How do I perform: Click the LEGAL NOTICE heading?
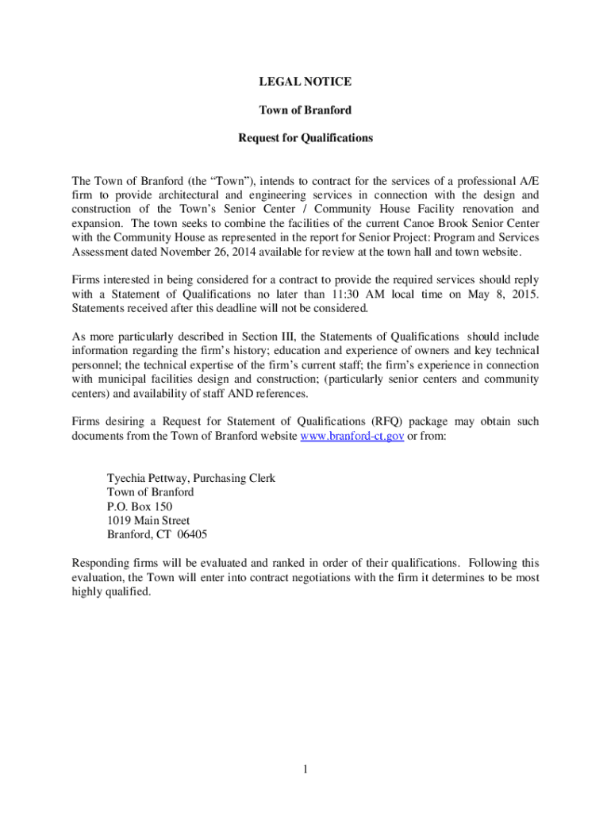(305, 82)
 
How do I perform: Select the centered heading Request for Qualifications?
(305, 137)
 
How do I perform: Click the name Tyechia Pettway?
(148, 478)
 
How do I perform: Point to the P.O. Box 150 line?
(140, 507)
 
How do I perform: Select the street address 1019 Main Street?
(148, 521)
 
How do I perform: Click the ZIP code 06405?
(193, 534)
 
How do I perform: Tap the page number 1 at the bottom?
(305, 769)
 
